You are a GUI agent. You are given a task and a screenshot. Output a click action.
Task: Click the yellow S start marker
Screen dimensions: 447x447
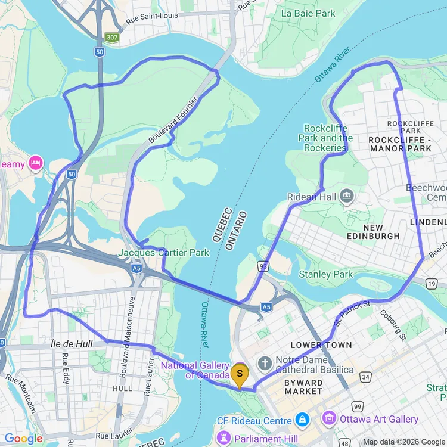coord(240,373)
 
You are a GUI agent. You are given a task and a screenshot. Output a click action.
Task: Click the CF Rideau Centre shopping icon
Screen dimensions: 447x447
coord(302,419)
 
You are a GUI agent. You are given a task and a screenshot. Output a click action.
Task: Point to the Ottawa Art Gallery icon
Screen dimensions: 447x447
coord(329,419)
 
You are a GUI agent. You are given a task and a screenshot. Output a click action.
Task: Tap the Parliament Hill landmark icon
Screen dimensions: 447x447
coord(224,438)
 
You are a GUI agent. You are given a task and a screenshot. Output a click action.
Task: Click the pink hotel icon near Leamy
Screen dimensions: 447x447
coord(36,163)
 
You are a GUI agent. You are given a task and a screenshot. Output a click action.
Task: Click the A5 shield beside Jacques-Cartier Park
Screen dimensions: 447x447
coord(137,269)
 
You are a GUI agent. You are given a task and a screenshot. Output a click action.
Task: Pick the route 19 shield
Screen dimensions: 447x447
coord(430,285)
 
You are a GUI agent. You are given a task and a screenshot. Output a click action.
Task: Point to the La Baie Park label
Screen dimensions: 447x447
coord(308,13)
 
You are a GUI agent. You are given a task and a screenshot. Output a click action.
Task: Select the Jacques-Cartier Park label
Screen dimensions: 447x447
coord(164,253)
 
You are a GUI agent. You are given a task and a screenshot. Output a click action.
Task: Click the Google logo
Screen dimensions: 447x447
coord(23,439)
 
